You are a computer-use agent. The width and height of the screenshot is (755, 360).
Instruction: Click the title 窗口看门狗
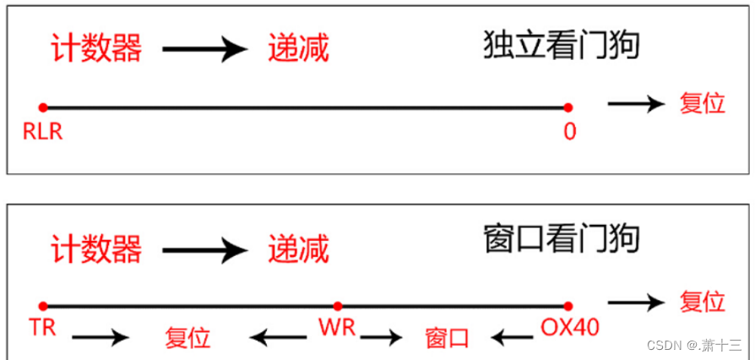click(x=561, y=243)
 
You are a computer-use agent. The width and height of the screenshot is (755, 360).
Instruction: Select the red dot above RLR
click(x=43, y=107)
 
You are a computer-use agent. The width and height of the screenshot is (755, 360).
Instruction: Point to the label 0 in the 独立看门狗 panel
click(x=570, y=132)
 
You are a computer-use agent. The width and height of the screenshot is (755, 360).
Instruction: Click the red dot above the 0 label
click(x=568, y=107)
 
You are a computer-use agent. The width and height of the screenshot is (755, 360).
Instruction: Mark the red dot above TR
click(x=43, y=306)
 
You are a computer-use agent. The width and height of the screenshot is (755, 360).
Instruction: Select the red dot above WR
click(x=337, y=306)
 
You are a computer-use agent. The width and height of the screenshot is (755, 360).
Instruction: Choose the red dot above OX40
click(x=568, y=306)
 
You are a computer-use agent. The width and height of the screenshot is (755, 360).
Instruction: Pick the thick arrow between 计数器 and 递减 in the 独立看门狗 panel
click(x=204, y=50)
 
